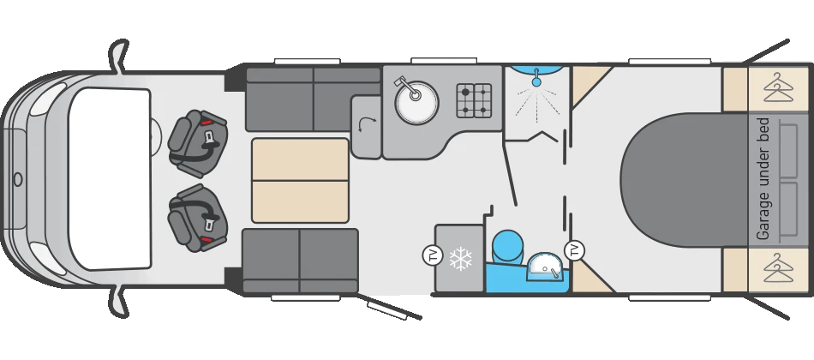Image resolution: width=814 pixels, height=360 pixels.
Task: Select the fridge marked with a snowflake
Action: (x=460, y=258)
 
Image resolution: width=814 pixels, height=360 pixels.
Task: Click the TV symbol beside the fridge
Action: (x=432, y=255)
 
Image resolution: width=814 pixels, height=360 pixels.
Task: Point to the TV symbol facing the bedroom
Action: (x=575, y=250)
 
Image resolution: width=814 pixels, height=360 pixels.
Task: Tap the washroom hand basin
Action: (x=543, y=267)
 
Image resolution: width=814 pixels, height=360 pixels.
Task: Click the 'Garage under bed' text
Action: (x=763, y=179)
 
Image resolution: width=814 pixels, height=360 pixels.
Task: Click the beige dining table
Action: (x=300, y=180)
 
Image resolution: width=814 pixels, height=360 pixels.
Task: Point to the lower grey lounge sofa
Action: (x=300, y=261)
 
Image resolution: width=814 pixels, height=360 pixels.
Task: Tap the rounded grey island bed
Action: (x=685, y=179)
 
